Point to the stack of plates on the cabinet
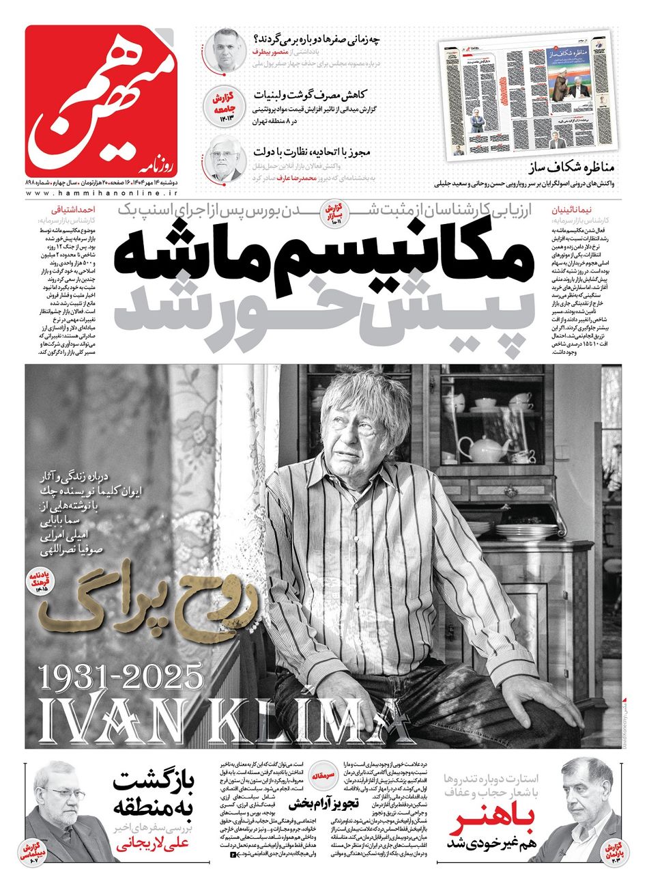[517, 531]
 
